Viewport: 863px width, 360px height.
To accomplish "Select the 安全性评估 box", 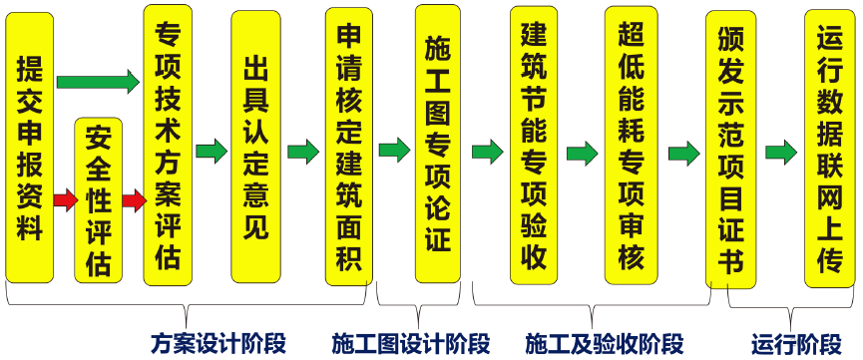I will (98, 200).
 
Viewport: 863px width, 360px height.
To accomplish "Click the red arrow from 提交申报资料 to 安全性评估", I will (65, 200).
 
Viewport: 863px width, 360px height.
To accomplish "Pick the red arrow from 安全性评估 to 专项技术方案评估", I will (134, 200).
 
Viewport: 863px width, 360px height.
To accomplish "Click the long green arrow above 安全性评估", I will (98, 82).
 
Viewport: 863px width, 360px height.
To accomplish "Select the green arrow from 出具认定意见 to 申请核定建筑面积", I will (303, 152).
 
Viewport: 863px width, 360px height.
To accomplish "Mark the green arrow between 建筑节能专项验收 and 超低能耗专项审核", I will (582, 153).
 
